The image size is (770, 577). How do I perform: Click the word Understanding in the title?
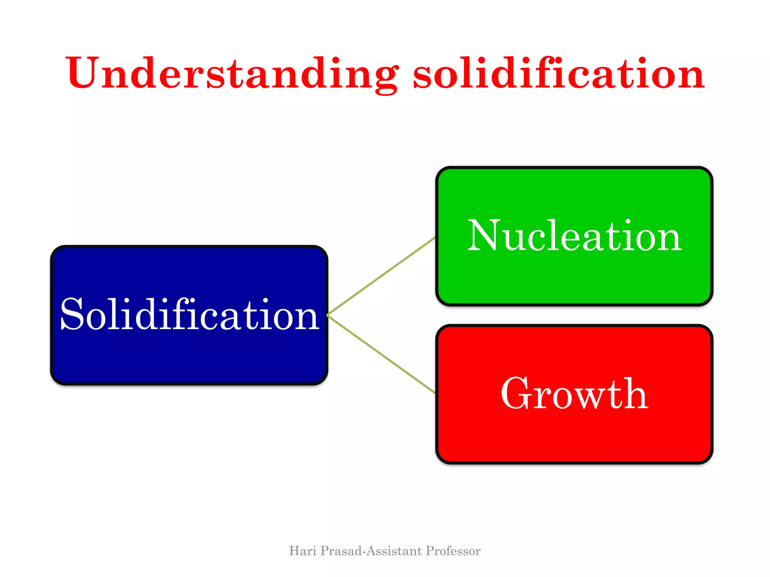click(x=231, y=73)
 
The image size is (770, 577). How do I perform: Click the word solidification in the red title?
click(x=558, y=73)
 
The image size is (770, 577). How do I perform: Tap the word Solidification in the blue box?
click(x=189, y=315)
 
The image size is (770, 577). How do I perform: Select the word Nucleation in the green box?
click(x=574, y=236)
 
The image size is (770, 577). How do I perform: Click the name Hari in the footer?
click(x=303, y=551)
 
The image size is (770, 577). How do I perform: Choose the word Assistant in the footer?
click(x=394, y=551)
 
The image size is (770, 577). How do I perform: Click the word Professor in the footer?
click(x=453, y=551)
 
